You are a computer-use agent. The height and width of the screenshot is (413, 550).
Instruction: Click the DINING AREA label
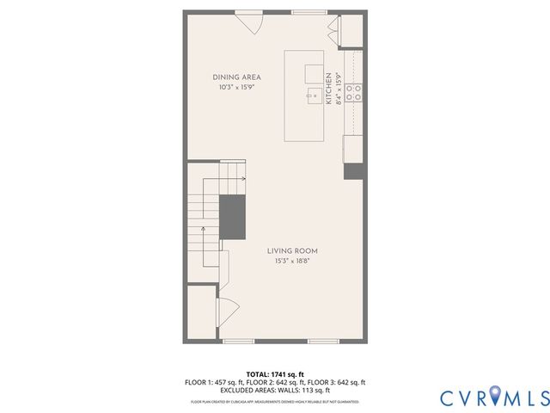click(x=236, y=77)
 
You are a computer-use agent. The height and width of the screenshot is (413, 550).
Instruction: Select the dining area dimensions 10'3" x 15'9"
click(x=236, y=87)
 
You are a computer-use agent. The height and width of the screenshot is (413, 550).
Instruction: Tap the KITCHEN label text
click(x=328, y=89)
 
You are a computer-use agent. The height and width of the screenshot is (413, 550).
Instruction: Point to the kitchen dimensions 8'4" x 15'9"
click(x=338, y=89)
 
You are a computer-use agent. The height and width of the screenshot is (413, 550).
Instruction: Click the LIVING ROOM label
click(x=292, y=251)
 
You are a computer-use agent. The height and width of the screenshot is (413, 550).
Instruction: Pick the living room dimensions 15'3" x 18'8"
click(x=292, y=261)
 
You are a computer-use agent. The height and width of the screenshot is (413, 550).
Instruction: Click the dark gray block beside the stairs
click(x=232, y=216)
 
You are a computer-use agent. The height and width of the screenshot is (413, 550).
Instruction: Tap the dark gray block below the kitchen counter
click(x=353, y=170)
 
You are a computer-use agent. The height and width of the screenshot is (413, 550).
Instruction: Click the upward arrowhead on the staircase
click(x=203, y=229)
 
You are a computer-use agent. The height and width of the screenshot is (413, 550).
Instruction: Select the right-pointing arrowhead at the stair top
click(x=244, y=179)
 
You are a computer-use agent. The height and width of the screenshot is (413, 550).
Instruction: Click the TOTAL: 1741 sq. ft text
click(x=275, y=374)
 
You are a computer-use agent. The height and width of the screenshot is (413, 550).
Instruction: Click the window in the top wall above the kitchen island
click(x=303, y=12)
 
